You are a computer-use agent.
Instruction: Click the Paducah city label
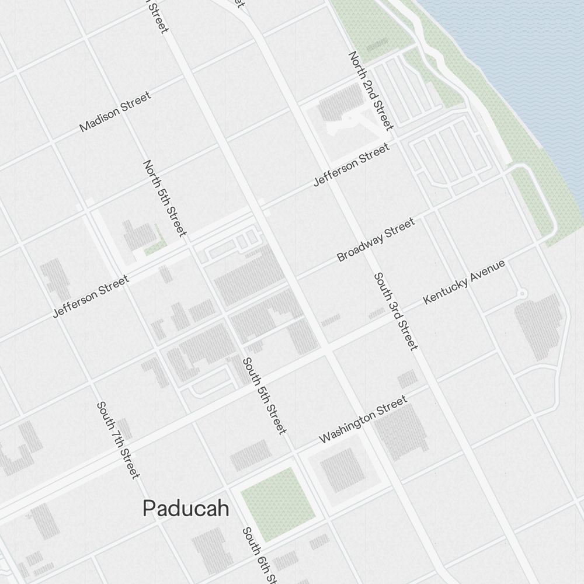(x=186, y=508)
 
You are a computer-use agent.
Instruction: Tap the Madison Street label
(x=115, y=111)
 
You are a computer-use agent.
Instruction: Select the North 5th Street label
(x=165, y=198)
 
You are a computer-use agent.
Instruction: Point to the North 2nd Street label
(x=371, y=90)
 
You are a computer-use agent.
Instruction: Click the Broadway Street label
(x=376, y=239)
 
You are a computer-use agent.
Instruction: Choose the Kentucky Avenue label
(x=464, y=282)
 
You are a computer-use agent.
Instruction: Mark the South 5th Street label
(x=265, y=395)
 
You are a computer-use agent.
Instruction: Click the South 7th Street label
(x=119, y=439)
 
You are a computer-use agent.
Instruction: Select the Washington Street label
(x=363, y=419)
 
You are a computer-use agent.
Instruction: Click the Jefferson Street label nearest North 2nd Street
(x=351, y=165)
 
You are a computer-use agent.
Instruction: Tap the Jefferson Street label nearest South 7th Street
(x=91, y=297)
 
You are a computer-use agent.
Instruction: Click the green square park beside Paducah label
(x=277, y=503)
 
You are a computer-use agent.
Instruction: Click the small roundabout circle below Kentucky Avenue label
(x=522, y=293)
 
